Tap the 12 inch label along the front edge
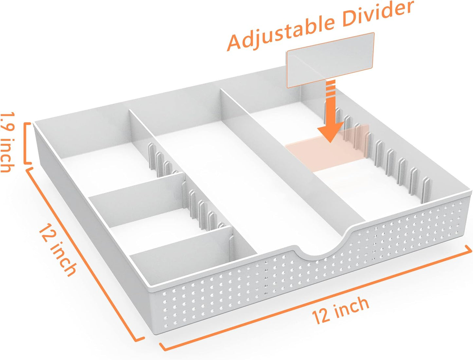(340, 310)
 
